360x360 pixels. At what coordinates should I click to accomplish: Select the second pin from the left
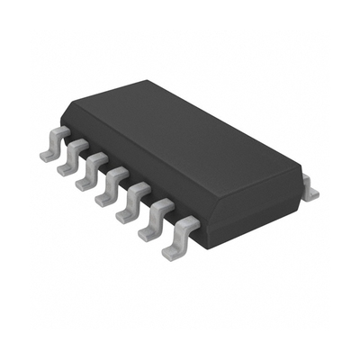point(73,159)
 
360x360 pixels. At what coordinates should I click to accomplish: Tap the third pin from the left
point(91,174)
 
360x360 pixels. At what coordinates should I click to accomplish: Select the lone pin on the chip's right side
point(310,190)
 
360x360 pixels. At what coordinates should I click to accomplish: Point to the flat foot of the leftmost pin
point(48,154)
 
